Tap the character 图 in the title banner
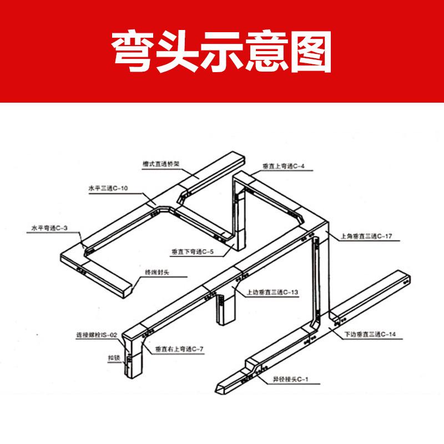coord(309,51)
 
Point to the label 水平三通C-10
coord(108,189)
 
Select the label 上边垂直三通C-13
coord(273,291)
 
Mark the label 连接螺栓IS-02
coord(97,335)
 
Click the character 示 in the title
coord(222,51)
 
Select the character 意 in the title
coord(265,51)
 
